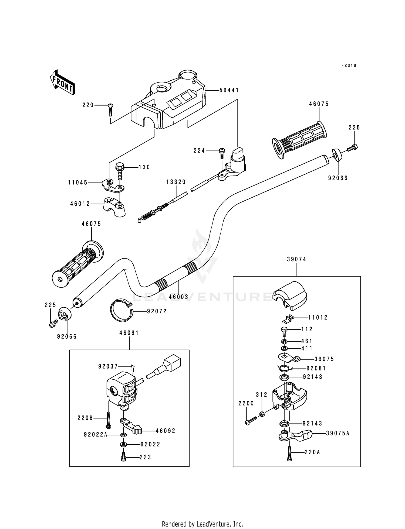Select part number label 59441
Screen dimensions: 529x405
click(229, 90)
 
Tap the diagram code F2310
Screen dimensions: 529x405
click(349, 66)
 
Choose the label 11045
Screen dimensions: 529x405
click(78, 183)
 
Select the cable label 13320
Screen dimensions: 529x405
click(176, 182)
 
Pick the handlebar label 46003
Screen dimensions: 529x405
click(178, 297)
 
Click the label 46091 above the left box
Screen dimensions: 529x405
click(129, 333)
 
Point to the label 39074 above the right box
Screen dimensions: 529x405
click(296, 259)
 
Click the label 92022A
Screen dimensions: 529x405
click(95, 435)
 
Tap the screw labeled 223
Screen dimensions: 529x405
click(123, 457)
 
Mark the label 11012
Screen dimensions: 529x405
click(318, 318)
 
